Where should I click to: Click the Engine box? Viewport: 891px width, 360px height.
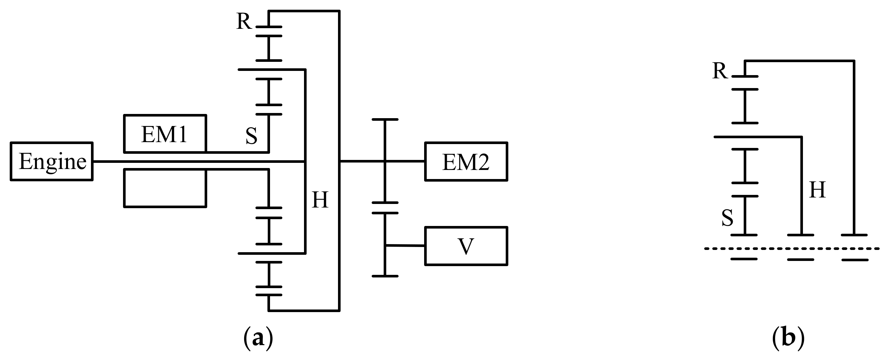(x=52, y=161)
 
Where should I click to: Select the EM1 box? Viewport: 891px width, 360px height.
(x=165, y=134)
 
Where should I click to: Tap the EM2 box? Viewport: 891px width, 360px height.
(x=466, y=162)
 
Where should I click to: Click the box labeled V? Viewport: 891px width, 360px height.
(x=466, y=246)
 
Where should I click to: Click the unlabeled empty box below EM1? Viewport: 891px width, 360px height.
(x=165, y=188)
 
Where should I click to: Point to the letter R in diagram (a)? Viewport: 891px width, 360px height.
(x=244, y=21)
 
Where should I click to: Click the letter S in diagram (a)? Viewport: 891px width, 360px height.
(x=252, y=136)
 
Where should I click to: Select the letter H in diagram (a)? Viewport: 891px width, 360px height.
(x=320, y=200)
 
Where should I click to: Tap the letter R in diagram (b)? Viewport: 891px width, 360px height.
(x=720, y=71)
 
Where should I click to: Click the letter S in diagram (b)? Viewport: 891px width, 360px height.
(x=728, y=218)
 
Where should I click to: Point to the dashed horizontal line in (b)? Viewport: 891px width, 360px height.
(x=792, y=248)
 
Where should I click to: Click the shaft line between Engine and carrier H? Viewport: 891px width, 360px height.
(x=197, y=162)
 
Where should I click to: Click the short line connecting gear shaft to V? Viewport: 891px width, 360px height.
(x=405, y=245)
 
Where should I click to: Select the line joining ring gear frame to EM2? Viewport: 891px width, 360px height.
(x=361, y=161)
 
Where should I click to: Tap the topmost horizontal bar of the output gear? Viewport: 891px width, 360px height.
(x=385, y=120)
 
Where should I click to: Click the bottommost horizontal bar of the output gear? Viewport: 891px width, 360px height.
(x=385, y=276)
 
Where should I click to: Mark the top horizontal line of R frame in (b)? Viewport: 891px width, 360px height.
(x=799, y=61)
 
